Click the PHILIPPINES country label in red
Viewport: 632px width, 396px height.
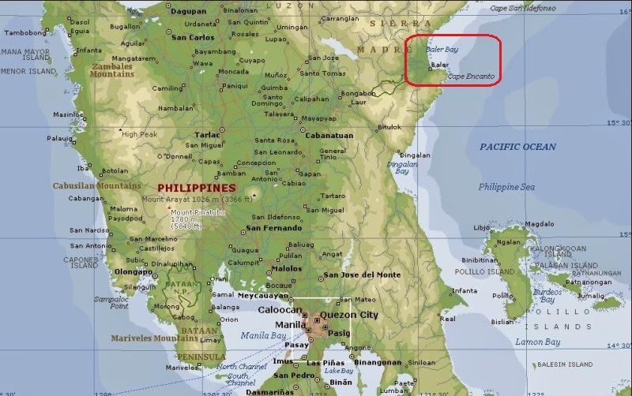(196, 188)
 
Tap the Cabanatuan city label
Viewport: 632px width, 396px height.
(327, 135)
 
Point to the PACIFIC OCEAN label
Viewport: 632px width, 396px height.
(517, 147)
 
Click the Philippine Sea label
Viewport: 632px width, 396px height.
(506, 187)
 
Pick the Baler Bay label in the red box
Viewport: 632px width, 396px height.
(442, 49)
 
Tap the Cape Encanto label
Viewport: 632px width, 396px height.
(471, 77)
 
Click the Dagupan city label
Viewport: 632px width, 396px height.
(188, 12)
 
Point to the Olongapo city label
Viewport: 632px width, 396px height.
(133, 271)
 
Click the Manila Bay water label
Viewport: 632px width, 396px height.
(263, 336)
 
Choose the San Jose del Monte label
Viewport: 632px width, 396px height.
(360, 275)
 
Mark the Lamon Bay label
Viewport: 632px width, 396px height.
(537, 342)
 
